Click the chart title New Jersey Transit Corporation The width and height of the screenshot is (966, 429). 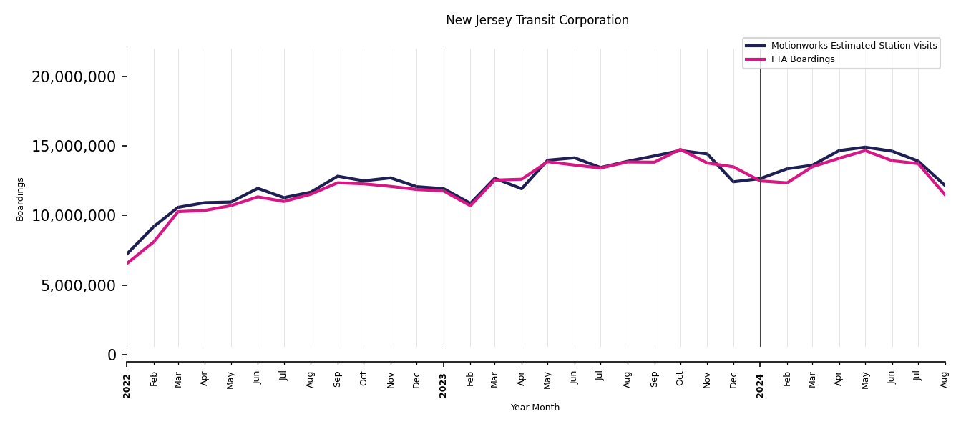click(537, 21)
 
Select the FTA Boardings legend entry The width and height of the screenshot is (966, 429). click(802, 59)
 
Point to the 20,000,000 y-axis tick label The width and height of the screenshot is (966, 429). click(74, 77)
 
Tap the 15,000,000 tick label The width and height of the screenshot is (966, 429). click(74, 147)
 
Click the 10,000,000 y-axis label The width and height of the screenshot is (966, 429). click(74, 216)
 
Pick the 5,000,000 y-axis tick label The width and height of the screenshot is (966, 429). click(78, 286)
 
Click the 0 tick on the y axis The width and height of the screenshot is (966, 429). click(112, 355)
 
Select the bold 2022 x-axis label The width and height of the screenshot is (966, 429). click(127, 385)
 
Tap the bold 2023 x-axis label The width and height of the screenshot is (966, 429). click(444, 385)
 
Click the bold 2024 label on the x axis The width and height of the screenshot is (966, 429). click(760, 385)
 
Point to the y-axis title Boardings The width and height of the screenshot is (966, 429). click(20, 199)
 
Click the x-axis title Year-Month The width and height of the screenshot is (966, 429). click(535, 408)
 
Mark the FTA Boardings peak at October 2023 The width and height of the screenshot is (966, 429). click(680, 149)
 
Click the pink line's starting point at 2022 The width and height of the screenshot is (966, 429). click(127, 263)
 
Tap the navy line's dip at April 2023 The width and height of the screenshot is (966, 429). click(522, 189)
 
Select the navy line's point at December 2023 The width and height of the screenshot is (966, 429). click(733, 182)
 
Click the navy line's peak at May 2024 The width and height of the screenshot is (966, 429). click(865, 147)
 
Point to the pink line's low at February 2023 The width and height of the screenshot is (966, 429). click(470, 206)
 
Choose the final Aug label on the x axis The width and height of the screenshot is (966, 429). click(945, 379)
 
